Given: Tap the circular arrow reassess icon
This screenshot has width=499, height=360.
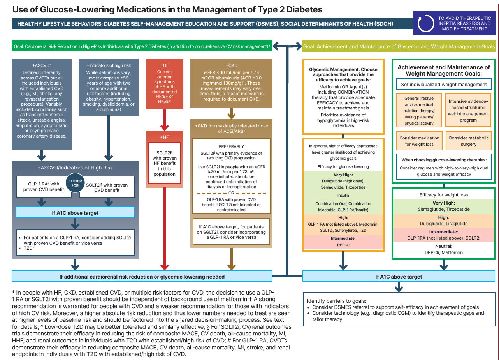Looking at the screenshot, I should click(425, 23).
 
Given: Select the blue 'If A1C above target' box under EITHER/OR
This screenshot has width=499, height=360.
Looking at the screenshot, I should click(75, 213).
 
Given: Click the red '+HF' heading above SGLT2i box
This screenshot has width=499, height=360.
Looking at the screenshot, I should click(164, 137).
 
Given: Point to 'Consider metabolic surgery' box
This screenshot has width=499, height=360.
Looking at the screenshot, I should click(468, 141).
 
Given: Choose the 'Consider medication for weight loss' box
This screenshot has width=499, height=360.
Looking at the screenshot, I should click(419, 141).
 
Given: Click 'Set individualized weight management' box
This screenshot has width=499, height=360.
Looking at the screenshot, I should click(444, 84).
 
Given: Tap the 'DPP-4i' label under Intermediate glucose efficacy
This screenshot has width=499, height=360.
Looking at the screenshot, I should click(343, 245).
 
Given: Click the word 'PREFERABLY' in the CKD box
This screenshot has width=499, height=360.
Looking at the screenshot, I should click(231, 147).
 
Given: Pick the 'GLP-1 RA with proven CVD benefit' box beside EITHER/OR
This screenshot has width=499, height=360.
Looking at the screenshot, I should click(42, 187).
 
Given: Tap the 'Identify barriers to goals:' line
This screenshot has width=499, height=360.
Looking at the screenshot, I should click(336, 301).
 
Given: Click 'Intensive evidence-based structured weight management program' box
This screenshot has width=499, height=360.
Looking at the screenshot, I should click(468, 111).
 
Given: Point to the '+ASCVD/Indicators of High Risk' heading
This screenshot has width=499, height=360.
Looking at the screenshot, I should click(75, 168).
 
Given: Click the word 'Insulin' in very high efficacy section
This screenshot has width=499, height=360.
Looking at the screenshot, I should click(343, 195).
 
